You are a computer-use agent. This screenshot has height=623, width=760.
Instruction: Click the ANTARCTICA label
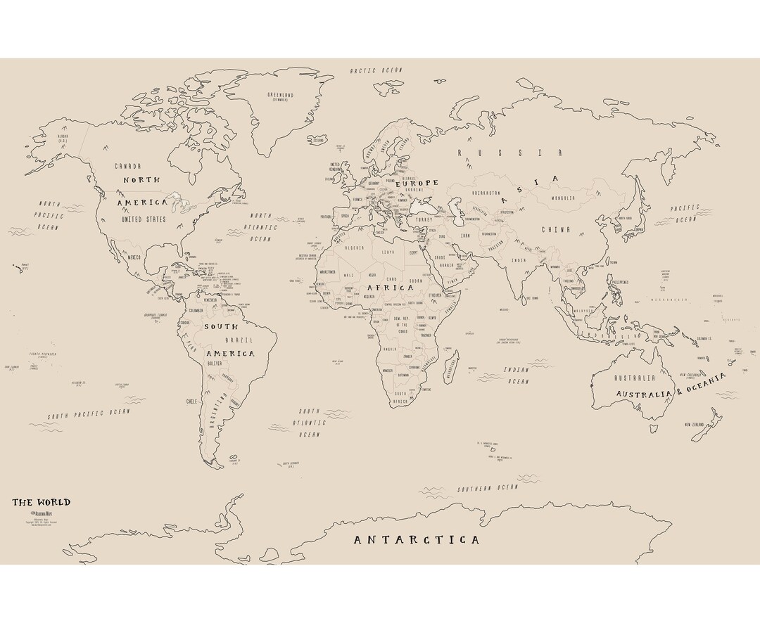coord(416,540)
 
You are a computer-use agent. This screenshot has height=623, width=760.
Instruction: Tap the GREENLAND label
coord(280,95)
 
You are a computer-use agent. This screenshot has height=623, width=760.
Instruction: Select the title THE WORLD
coord(41,502)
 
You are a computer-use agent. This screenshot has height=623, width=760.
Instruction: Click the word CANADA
coord(128,166)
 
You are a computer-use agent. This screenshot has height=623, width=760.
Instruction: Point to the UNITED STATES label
coord(144,219)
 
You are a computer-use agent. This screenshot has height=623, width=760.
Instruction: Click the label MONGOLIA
coord(562,198)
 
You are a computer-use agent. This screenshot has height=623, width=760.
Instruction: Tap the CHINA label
coord(556,230)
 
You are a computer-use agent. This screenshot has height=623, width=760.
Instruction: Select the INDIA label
coord(519,261)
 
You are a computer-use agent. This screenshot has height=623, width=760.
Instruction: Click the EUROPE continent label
coord(417,183)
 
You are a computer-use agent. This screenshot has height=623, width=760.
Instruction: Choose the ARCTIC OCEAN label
coord(376,70)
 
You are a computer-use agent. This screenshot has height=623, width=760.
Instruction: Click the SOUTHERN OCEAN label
coord(482,488)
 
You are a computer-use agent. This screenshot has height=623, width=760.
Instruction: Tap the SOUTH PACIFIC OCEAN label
coord(89,414)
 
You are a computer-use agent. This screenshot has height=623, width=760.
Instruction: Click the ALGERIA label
coord(355,248)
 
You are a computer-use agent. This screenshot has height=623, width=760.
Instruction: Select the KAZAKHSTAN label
coord(486,193)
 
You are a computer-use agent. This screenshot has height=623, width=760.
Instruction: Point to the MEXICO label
coord(134,257)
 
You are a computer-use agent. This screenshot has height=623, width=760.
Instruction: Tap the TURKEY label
coord(424,219)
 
